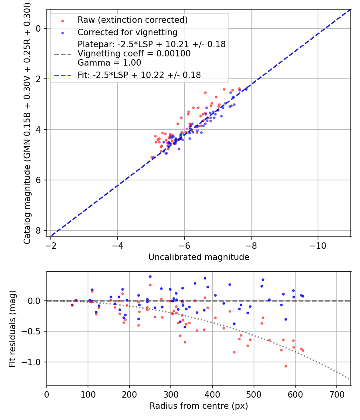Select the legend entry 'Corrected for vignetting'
coord(127,32)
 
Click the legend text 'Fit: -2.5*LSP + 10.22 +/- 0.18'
coord(139,75)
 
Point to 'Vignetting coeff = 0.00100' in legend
coord(134,54)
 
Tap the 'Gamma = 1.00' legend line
coord(109,63)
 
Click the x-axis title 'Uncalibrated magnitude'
coord(199,257)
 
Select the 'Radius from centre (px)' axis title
coord(199,406)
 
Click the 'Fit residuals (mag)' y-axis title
coord(12,328)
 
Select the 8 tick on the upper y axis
coord(38,231)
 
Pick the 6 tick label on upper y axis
coord(38,180)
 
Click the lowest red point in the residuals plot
coord(286,366)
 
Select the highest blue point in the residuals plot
coord(150,276)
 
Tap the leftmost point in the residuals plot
coord(72,305)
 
